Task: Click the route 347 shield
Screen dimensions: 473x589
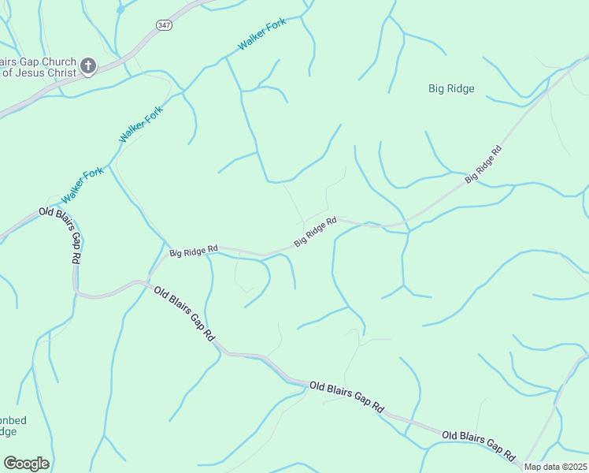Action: click(x=164, y=26)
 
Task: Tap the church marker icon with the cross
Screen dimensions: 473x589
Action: click(x=88, y=67)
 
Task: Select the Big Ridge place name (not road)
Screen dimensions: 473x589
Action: click(x=451, y=89)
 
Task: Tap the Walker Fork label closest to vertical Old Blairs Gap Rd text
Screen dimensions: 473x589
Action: click(x=83, y=184)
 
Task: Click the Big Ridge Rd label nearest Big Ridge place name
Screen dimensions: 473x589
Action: click(x=483, y=165)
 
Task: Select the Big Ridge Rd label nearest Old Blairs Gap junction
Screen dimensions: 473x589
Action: click(x=193, y=251)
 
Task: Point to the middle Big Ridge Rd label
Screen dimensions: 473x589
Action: click(x=315, y=232)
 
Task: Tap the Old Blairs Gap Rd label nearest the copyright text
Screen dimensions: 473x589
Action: click(x=479, y=445)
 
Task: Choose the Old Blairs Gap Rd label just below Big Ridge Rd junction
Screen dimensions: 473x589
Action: click(x=184, y=313)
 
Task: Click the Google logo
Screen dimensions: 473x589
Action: click(x=26, y=464)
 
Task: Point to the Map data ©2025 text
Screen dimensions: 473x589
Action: click(x=555, y=467)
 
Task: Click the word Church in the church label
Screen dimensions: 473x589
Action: click(x=55, y=62)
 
